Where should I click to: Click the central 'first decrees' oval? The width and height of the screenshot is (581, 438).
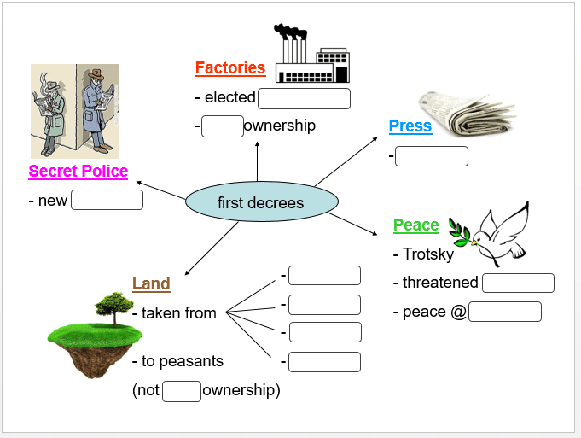pos(262,202)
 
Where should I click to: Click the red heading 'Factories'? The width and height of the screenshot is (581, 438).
pos(230,68)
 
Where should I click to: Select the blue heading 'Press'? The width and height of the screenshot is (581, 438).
pos(410,126)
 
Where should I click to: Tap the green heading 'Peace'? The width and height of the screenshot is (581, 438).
pos(415,225)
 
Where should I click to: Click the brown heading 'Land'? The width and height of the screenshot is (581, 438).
pos(151,284)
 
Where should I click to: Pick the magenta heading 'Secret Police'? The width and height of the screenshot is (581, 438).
pos(78,172)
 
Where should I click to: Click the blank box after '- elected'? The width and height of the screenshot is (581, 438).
pos(304,98)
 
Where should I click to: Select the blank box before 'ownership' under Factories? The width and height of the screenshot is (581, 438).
pos(223,126)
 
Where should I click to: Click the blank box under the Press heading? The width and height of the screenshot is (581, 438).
pos(431,156)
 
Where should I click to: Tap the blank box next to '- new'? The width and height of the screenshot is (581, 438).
pos(107,201)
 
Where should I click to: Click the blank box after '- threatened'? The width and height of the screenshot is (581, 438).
pos(518,283)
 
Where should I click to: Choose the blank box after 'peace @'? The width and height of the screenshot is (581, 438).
pos(505,312)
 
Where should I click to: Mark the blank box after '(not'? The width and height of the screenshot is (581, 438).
pos(182,391)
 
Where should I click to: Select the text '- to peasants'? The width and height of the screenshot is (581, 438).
pos(177,361)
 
